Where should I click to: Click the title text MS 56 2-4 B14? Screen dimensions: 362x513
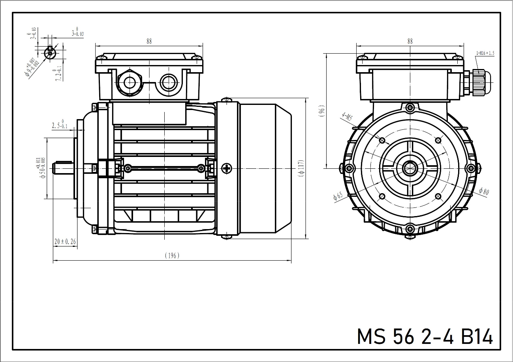[x=425, y=336]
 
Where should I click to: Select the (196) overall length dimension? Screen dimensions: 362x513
[x=172, y=256]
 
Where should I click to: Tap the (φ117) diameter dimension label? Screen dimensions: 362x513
[x=301, y=168]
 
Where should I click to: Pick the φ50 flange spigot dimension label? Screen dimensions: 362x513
[x=41, y=168]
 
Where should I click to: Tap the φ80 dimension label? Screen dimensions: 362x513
[x=483, y=192]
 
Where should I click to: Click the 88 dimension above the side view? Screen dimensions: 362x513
[x=149, y=41]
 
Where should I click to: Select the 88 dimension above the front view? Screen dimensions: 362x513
[x=410, y=41]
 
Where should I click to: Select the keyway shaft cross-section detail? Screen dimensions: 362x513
[x=50, y=52]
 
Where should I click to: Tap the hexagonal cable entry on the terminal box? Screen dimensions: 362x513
[x=129, y=82]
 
